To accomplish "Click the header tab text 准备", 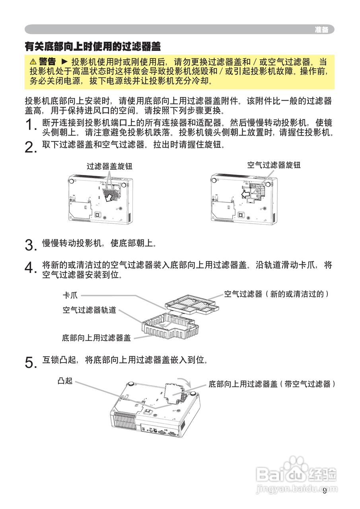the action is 321,30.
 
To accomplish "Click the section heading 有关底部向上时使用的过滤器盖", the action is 93,47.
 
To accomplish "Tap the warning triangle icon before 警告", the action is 33,62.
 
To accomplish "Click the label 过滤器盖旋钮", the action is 109,167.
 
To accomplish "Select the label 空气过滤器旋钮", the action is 274,165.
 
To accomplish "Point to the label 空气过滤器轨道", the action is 90,310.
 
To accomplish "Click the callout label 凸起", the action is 65,381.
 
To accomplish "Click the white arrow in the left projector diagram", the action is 109,196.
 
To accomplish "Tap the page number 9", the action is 325,491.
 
